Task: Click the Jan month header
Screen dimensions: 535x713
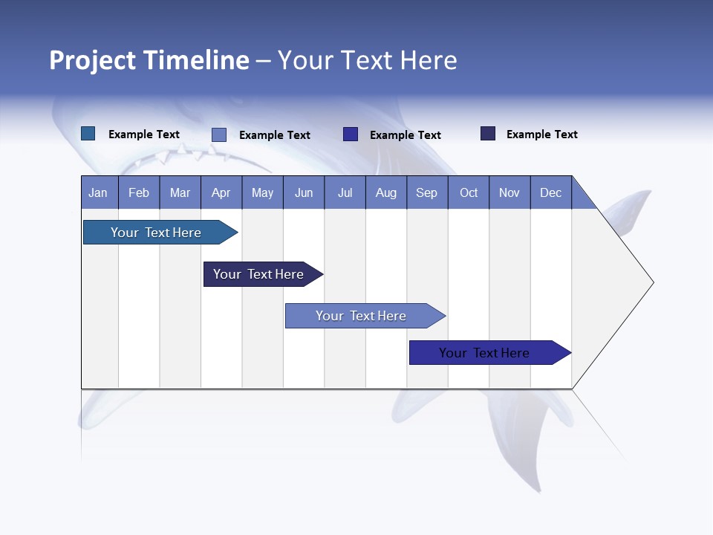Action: [99, 192]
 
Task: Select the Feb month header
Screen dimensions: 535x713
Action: [139, 192]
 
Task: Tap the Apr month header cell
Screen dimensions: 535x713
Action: [221, 192]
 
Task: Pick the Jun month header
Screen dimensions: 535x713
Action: [304, 192]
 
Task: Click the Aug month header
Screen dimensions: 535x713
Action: [386, 192]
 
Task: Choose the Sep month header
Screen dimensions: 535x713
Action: [427, 192]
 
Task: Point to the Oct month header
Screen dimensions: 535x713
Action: [469, 192]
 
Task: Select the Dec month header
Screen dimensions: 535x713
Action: [551, 192]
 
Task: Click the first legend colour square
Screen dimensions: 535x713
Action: [88, 134]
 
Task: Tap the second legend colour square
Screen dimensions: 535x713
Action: [219, 134]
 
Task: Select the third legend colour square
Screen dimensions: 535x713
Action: [351, 134]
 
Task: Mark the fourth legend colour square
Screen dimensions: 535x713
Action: [488, 134]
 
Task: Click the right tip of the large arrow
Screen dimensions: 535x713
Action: [651, 282]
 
